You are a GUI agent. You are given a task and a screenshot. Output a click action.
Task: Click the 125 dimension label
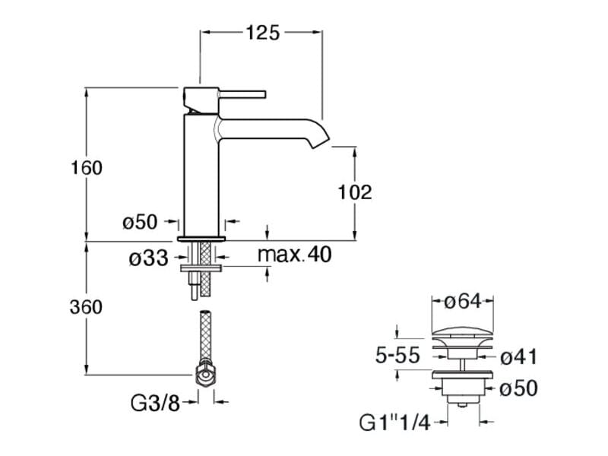coord(262,33)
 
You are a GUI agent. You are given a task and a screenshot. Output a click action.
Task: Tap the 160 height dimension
coord(87,168)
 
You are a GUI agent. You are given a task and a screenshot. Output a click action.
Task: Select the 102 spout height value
coord(355,192)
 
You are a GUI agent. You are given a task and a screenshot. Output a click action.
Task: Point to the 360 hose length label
coord(86,307)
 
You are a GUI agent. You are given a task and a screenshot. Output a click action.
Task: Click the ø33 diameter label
coord(149,258)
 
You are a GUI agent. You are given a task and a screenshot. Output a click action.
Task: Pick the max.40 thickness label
coord(295,255)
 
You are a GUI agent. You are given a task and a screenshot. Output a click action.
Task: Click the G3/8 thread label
coord(156,404)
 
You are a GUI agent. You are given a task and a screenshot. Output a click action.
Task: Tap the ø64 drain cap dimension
coord(463,301)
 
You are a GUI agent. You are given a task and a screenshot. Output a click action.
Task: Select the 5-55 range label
coord(397,355)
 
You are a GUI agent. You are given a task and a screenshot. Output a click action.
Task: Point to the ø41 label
coord(518,356)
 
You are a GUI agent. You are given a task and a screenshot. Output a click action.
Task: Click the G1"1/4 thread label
coord(395,423)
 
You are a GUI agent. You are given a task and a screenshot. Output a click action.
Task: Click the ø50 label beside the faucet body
coord(140,222)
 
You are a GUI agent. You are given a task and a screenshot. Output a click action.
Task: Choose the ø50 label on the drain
coord(518,388)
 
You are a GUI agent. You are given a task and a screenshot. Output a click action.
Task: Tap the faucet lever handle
coord(242,94)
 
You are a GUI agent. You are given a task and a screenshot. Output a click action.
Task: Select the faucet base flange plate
coord(201,239)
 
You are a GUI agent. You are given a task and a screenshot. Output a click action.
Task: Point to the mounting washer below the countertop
coord(201,268)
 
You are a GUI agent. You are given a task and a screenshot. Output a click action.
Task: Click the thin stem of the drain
coord(462,365)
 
